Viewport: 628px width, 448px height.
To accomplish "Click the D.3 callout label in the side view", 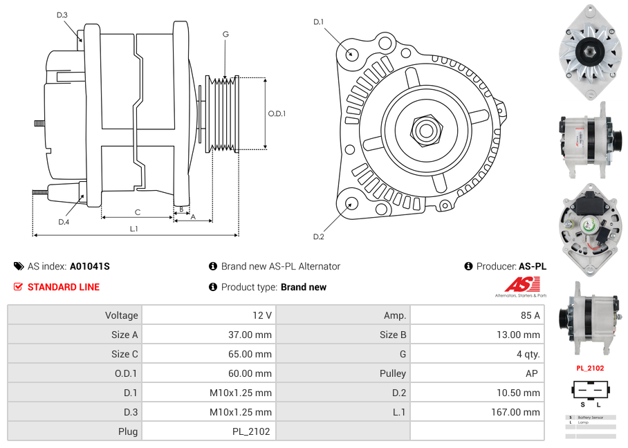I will coord(62,15).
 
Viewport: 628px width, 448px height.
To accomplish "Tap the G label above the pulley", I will coord(225,34).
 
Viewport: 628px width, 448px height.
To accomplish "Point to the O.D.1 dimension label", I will coord(277,113).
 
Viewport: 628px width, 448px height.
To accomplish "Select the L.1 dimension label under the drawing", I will coord(134,229).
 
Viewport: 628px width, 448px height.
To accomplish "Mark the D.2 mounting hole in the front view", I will coord(351,203).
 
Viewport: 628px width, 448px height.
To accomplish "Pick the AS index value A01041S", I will coord(90,266).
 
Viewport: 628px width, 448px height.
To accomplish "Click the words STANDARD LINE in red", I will coord(64,287).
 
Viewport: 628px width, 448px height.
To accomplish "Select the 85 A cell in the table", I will coord(530,315).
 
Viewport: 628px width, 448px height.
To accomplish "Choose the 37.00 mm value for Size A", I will coord(252,335).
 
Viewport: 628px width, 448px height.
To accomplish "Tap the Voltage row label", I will coord(121,315).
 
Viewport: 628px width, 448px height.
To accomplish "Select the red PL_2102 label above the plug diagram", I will coord(590,368).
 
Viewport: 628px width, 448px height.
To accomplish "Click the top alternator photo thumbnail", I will coord(590,52).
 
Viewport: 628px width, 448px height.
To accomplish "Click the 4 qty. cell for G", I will coord(528,354).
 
